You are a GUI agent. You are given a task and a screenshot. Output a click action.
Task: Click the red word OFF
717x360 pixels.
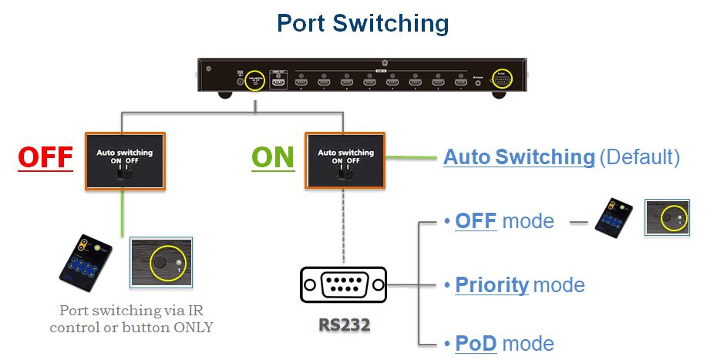click(45, 156)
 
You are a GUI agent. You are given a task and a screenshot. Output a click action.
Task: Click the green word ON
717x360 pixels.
click(273, 156)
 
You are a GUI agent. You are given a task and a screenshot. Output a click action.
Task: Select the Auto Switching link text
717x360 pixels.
click(519, 157)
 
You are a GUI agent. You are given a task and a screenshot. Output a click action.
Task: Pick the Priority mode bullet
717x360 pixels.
click(520, 284)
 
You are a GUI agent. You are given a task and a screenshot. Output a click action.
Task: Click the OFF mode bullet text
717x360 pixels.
click(504, 221)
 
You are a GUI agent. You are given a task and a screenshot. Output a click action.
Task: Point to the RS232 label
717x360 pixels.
click(345, 325)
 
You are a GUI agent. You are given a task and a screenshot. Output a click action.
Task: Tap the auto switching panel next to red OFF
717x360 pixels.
click(124, 161)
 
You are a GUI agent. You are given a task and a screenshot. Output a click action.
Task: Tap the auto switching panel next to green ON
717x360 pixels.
click(345, 161)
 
